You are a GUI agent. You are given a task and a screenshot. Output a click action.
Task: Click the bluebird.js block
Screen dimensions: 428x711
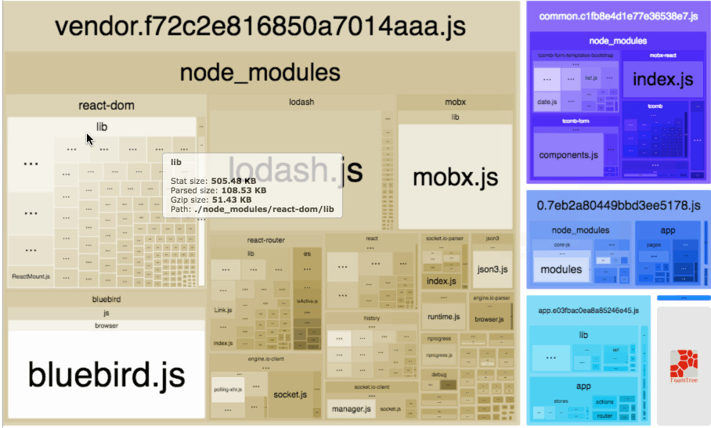point(106,373)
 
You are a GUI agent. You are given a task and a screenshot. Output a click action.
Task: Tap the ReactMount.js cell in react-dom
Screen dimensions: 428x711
point(31,276)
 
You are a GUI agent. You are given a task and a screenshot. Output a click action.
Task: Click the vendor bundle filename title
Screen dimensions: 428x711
point(260,27)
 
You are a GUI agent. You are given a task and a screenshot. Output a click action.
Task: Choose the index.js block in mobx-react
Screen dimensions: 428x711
point(662,79)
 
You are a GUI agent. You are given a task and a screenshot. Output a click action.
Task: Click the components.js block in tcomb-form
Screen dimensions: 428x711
point(575,155)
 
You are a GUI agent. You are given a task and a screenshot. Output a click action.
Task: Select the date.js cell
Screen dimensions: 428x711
point(547,102)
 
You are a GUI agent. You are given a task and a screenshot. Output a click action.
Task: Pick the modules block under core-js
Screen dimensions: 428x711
point(561,269)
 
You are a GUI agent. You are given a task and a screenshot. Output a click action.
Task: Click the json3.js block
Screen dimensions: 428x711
point(493,268)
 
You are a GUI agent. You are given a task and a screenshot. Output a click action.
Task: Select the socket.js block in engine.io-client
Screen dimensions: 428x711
point(290,394)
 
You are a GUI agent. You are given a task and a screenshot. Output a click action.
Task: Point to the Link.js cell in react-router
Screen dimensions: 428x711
point(222,310)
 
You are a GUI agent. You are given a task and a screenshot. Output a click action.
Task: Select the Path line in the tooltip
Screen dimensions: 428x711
point(252,210)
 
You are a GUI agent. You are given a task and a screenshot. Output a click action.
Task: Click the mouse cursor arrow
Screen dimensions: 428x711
point(90,138)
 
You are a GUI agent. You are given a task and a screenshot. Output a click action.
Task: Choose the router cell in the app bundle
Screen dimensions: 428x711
point(605,415)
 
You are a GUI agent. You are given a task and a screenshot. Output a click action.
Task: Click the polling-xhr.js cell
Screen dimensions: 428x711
point(228,389)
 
